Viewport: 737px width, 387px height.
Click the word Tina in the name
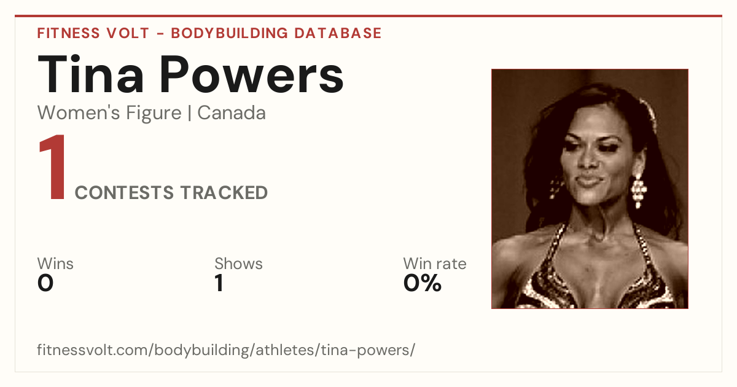[90, 74]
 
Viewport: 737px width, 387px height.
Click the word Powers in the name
[252, 75]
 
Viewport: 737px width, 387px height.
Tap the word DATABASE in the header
[338, 33]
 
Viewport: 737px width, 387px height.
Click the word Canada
[232, 113]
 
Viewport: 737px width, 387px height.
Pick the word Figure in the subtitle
[154, 114]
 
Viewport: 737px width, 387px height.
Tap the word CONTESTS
[124, 192]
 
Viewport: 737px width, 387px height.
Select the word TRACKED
[224, 192]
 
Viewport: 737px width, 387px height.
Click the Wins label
[55, 264]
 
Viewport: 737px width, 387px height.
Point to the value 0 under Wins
[45, 283]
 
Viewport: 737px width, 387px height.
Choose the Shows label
[238, 264]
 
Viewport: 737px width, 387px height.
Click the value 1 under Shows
[219, 283]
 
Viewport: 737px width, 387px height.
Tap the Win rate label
[435, 264]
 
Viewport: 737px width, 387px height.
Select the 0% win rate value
[423, 283]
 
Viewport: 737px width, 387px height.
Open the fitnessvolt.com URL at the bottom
[226, 350]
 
